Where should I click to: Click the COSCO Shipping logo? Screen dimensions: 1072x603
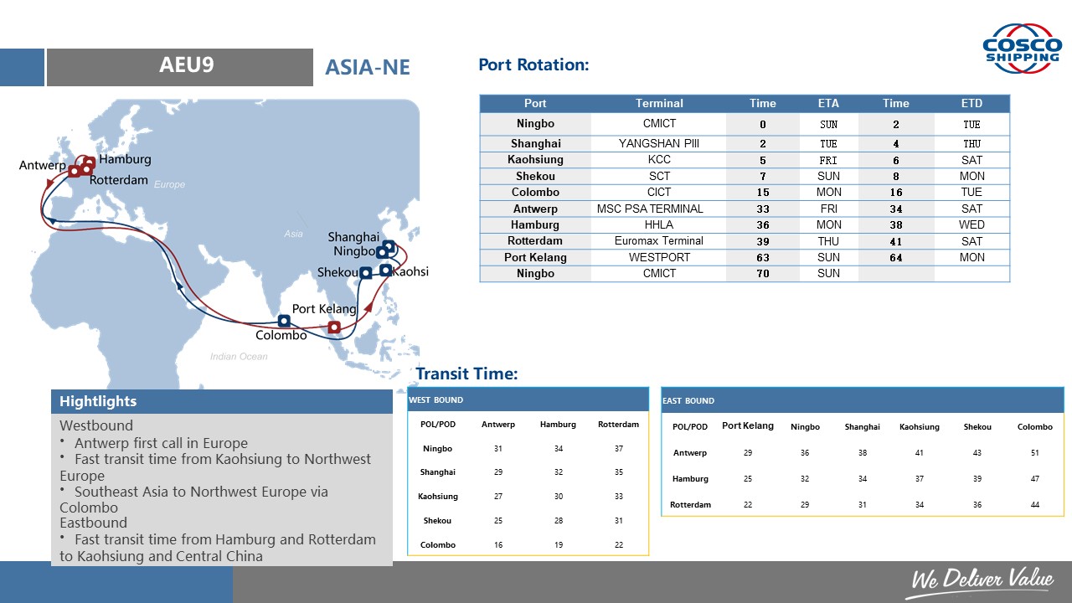pos(1022,49)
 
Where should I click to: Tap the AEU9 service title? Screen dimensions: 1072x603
pos(186,65)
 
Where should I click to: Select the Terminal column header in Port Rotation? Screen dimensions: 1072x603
pos(659,103)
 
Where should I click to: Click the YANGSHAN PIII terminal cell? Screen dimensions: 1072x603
pos(659,143)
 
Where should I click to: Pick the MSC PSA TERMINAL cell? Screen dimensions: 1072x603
pos(650,209)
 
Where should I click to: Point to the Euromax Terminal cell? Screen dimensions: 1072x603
pos(659,240)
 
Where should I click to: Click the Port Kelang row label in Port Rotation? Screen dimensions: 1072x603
pos(535,257)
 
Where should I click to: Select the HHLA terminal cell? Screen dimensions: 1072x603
pos(659,224)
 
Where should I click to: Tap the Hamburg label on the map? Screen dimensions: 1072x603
pos(125,159)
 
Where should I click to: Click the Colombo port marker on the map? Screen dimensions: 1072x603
pos(284,321)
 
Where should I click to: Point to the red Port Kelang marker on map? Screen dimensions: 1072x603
pos(334,327)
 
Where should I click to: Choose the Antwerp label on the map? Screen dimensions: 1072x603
pos(43,165)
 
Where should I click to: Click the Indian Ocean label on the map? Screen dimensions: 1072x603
pos(239,357)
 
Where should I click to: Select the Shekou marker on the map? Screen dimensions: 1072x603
pos(366,273)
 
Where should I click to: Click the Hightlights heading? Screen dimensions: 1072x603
pos(98,401)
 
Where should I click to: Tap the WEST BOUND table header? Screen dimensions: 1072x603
pos(435,400)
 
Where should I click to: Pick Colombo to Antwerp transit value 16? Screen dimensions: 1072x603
pos(498,544)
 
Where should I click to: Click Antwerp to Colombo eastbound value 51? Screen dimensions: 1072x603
pos(1034,453)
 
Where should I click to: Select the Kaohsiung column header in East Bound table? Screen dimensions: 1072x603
pos(920,427)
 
